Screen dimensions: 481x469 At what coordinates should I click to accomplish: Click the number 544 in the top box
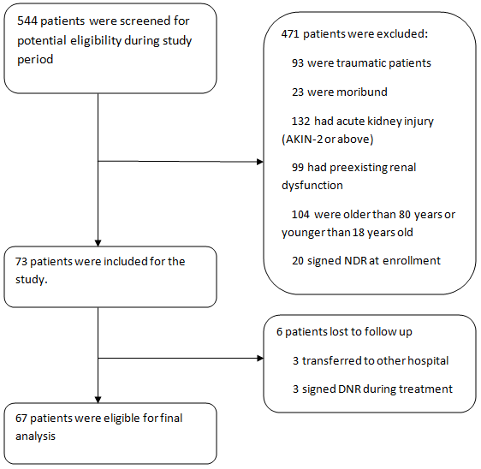click(27, 21)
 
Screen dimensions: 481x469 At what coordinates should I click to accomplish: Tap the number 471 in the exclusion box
click(290, 33)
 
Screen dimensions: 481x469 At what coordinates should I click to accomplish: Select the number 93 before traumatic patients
click(298, 62)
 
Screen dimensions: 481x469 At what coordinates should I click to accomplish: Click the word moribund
click(362, 92)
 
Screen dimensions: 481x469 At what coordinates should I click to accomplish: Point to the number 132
click(300, 122)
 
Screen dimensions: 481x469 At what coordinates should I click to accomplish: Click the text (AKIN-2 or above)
click(327, 140)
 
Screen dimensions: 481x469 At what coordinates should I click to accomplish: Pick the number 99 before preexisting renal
click(298, 168)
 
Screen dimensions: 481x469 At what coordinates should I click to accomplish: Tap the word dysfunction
click(312, 186)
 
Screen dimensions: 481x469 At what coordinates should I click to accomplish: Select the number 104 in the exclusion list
click(300, 215)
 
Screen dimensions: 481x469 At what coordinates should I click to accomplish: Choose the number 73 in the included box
click(21, 262)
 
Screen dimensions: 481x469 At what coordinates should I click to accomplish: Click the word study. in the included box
click(32, 280)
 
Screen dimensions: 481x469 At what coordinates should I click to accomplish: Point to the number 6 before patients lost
click(279, 332)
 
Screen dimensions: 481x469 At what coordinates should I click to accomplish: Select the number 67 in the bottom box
click(21, 419)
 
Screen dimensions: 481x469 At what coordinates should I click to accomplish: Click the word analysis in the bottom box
click(35, 436)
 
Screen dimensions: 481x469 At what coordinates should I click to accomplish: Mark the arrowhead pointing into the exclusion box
click(260, 162)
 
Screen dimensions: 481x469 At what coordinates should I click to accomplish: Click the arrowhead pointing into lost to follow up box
click(260, 358)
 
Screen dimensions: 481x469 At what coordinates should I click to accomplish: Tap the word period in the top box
click(35, 60)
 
